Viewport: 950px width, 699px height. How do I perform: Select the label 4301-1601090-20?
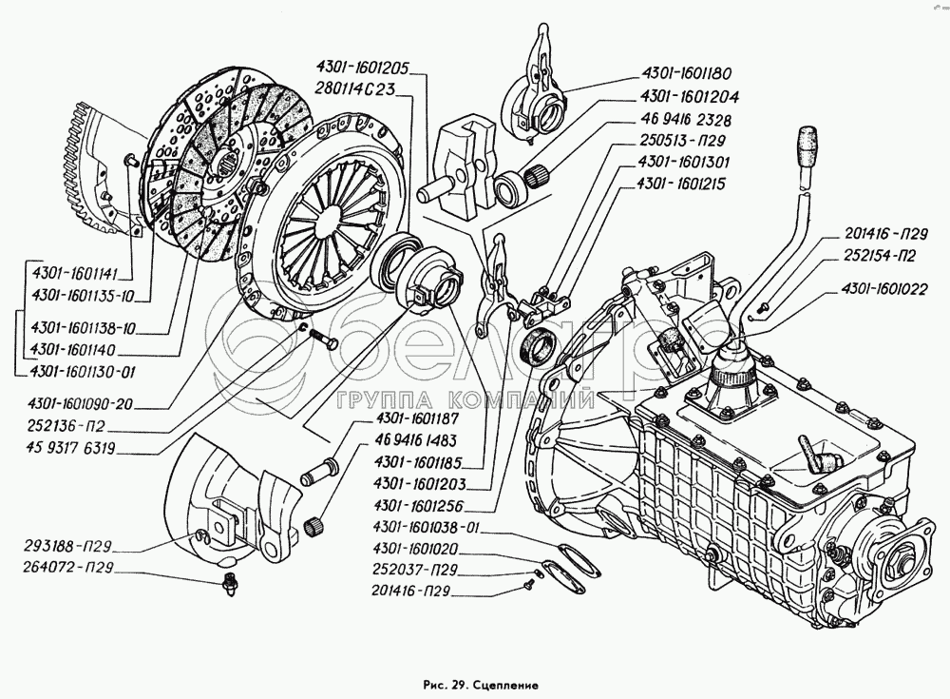(82, 403)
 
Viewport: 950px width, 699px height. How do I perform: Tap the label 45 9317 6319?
(75, 446)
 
